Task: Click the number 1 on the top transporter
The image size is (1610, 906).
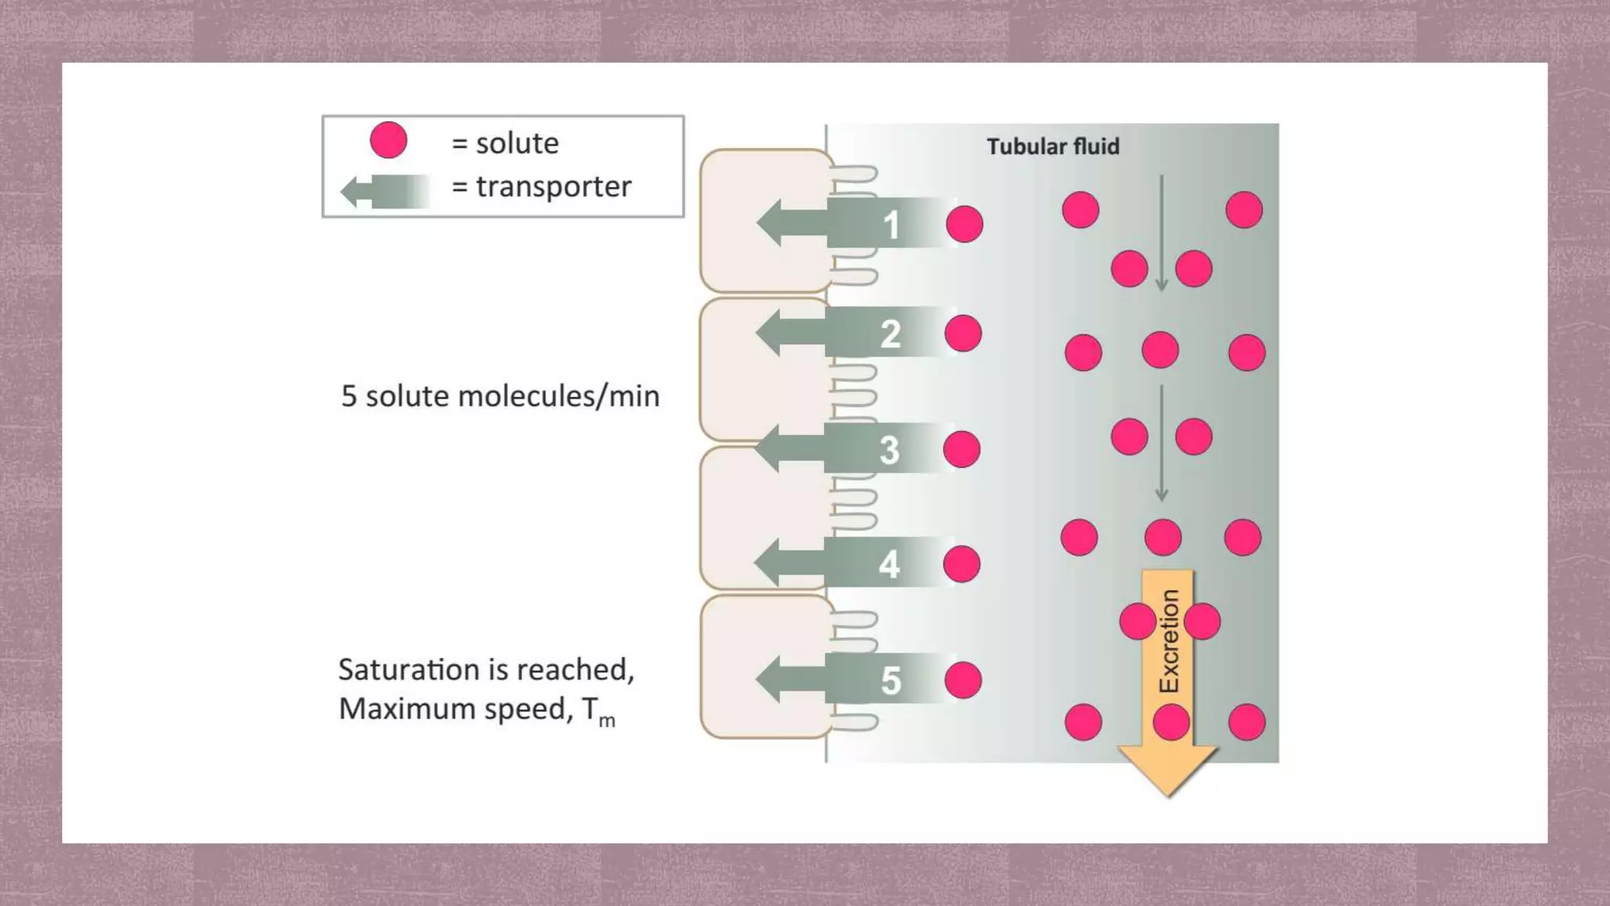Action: (891, 225)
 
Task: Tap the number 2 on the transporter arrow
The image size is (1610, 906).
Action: (890, 334)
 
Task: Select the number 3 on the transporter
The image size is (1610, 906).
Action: (889, 450)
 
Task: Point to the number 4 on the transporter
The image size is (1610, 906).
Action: (889, 565)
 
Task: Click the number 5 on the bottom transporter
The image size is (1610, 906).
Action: (890, 680)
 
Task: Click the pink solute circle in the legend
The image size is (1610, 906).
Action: (388, 141)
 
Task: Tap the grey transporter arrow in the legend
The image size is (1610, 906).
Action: (384, 191)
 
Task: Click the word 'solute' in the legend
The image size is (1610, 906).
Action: (516, 143)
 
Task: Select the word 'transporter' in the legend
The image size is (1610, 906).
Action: (553, 187)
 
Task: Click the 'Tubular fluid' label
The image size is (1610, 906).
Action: (1053, 147)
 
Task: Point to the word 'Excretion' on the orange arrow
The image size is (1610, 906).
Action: (1169, 641)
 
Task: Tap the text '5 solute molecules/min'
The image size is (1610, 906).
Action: (500, 396)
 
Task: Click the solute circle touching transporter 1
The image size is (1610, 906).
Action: (965, 225)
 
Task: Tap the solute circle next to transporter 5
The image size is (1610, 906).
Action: (963, 680)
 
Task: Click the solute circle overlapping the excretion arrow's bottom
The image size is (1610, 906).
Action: (1171, 722)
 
